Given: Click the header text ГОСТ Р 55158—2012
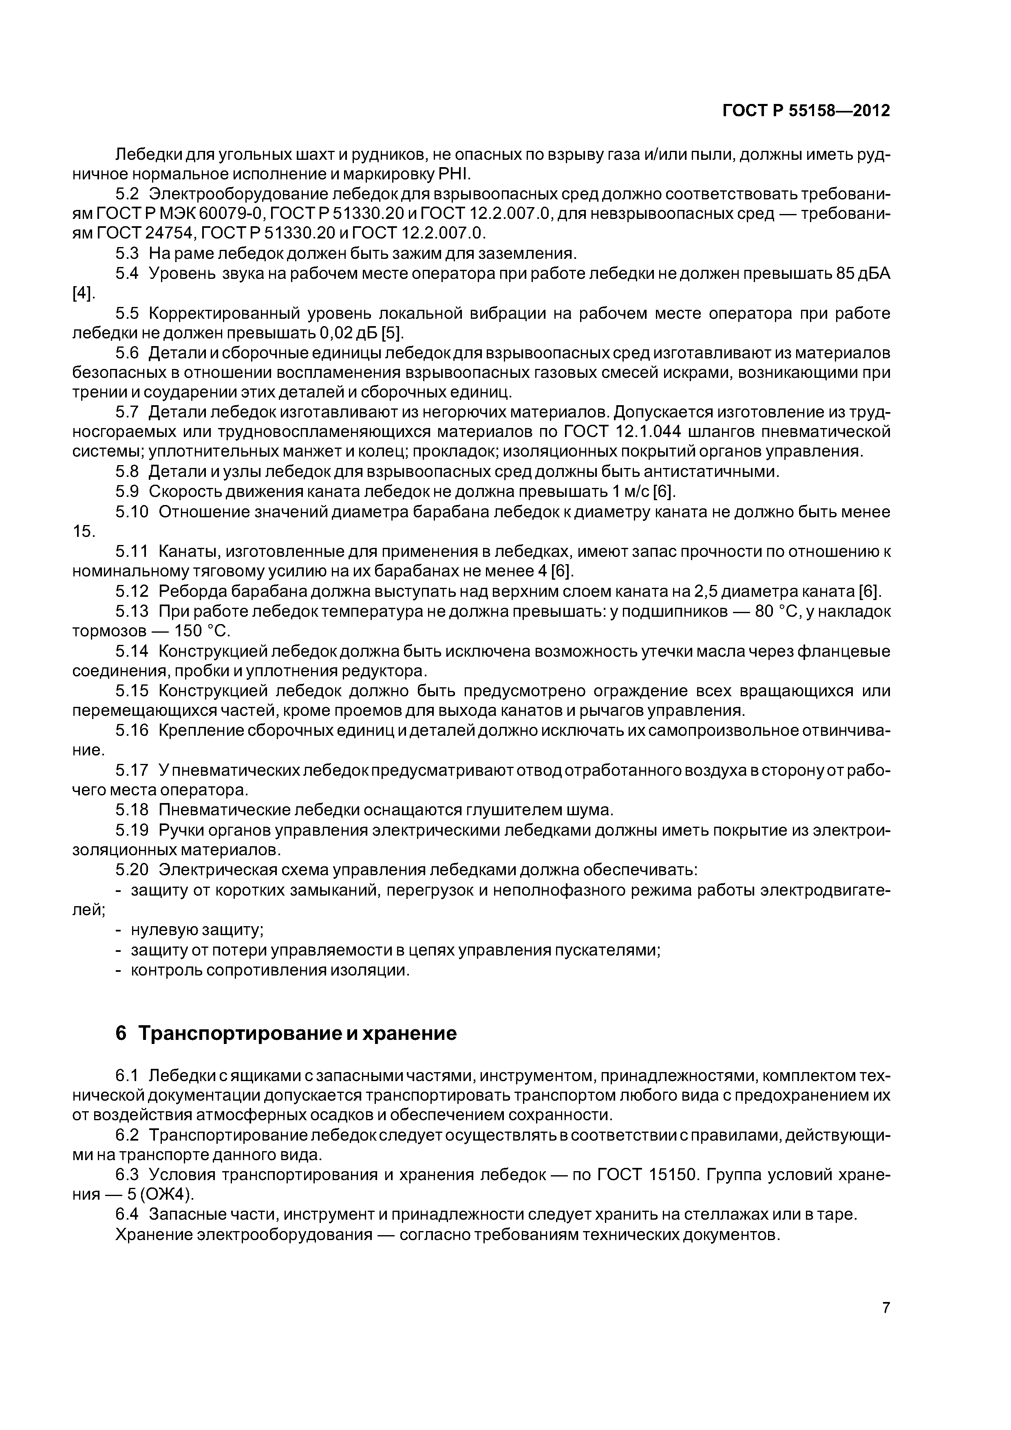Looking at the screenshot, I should [x=806, y=111].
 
